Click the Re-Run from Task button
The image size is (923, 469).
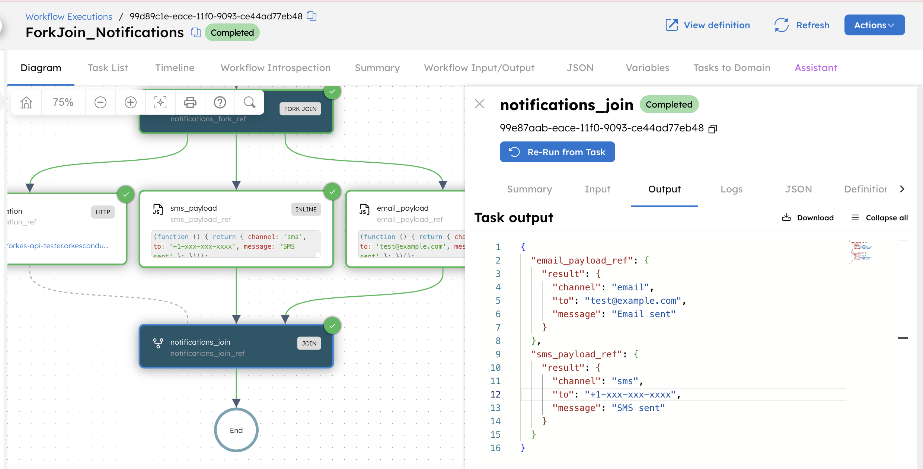pos(557,152)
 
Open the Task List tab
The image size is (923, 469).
pos(108,68)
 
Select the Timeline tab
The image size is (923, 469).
pos(175,68)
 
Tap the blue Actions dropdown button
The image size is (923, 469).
pos(874,25)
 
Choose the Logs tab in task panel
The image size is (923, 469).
pos(731,189)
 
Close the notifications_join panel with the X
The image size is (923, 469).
pos(480,104)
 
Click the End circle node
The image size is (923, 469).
pos(236,430)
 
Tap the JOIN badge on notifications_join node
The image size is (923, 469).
pos(309,343)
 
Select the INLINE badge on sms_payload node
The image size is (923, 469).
pos(306,209)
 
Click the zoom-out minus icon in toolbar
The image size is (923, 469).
pos(100,102)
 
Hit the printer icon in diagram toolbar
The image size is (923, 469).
pos(190,102)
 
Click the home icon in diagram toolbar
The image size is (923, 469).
pos(26,102)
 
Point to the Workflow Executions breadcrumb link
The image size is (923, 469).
pos(69,17)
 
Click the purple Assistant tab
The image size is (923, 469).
pos(816,68)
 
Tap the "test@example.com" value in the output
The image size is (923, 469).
pos(633,301)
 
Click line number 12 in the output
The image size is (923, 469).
pos(495,395)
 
